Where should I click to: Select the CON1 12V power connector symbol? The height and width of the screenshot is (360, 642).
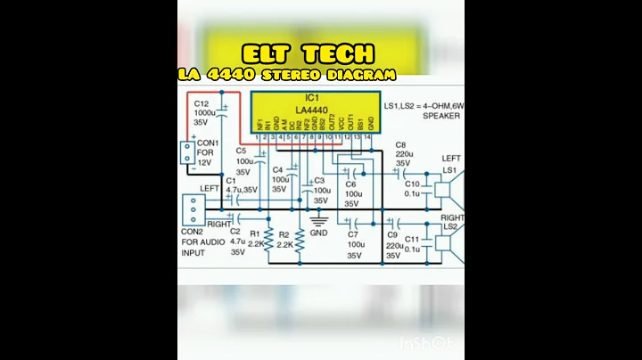coord(188,153)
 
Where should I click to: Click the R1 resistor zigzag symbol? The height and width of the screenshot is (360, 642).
coord(267,239)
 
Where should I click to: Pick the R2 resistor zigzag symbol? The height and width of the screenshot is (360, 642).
coord(300,239)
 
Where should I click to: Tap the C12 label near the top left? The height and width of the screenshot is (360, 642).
coord(202,104)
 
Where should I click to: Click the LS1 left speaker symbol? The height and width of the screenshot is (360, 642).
coord(450,188)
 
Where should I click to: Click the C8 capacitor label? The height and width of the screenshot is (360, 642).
coord(400,143)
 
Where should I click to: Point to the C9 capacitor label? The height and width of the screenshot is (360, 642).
coord(393,235)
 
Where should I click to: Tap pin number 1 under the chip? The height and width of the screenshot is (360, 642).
coord(258,137)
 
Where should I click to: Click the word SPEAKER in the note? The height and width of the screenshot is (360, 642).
coord(441,116)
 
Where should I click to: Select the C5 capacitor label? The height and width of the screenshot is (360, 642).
coord(242,151)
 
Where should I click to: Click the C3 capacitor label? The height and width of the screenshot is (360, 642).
coord(319,180)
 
